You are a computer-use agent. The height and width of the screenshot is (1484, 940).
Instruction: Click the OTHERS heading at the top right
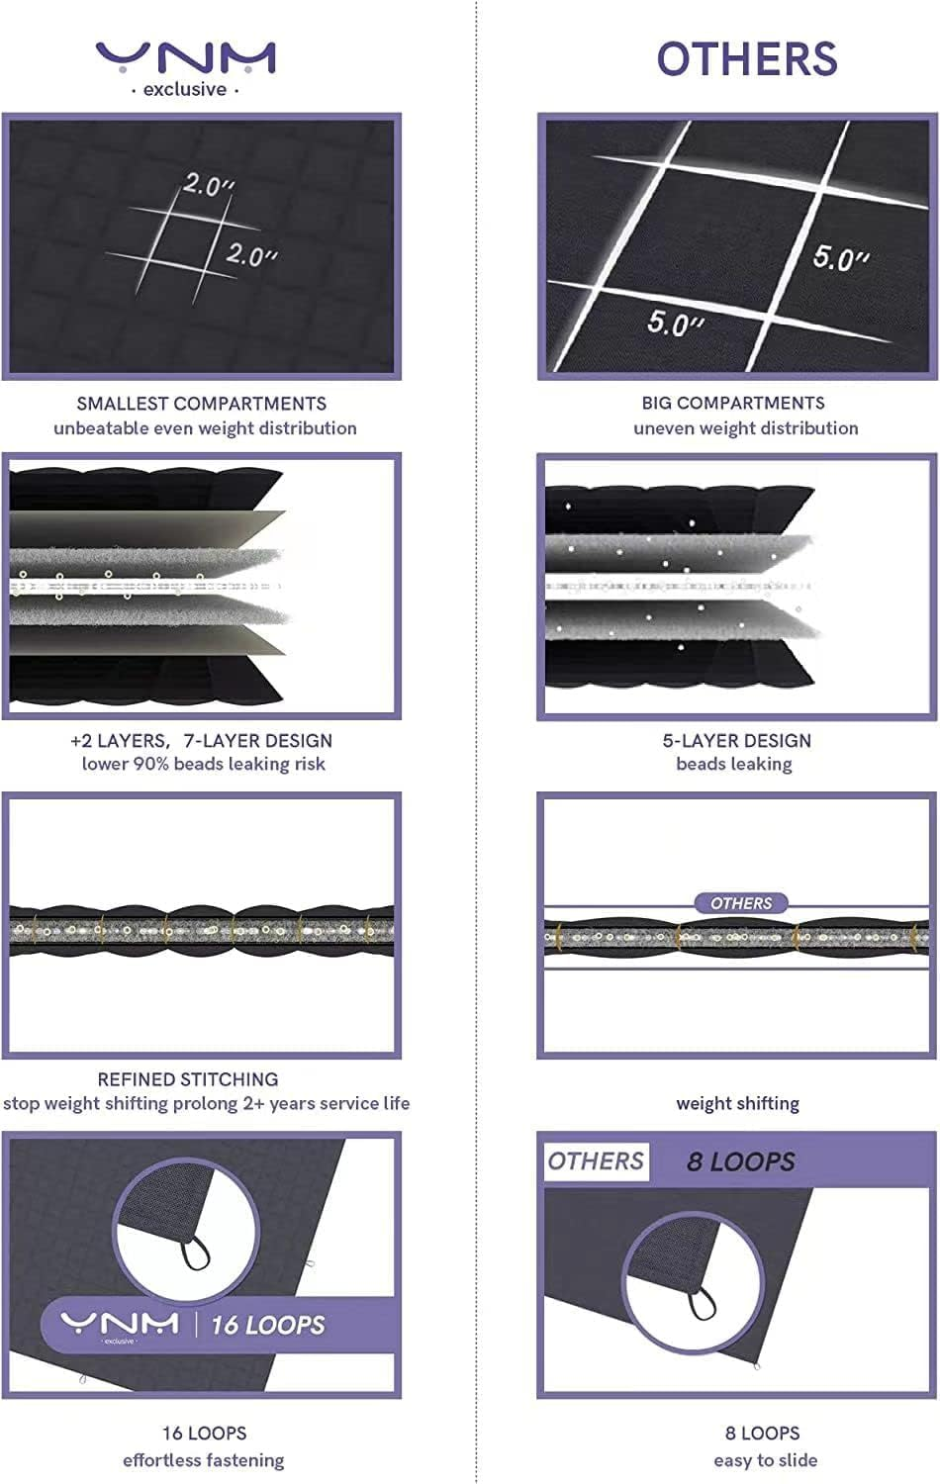(747, 59)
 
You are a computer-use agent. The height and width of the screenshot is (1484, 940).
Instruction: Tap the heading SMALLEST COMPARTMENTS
(202, 404)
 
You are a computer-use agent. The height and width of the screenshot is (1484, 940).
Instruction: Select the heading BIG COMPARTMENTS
(733, 403)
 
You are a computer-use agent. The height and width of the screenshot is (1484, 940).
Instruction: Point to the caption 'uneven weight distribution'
(746, 428)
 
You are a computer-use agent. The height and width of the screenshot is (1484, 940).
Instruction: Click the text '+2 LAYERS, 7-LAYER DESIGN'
(202, 741)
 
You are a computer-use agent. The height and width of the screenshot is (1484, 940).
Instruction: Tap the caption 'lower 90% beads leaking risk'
(204, 764)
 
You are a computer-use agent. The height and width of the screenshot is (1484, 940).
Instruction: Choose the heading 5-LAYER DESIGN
(736, 741)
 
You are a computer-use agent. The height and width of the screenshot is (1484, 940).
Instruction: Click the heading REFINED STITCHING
(188, 1079)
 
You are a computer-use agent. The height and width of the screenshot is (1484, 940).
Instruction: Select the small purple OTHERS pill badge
(741, 903)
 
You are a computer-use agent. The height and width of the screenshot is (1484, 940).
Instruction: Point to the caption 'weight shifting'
(737, 1104)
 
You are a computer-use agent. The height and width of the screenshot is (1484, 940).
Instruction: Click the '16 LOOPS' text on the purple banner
(268, 1325)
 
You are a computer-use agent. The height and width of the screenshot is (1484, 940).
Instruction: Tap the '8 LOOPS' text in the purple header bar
(740, 1162)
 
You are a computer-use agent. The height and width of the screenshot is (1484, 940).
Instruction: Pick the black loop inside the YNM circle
(195, 1253)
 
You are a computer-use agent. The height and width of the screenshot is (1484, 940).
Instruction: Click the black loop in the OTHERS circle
(702, 1304)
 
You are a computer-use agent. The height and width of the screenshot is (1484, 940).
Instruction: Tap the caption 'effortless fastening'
(204, 1460)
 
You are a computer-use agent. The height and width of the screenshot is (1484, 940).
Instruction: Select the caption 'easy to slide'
(765, 1460)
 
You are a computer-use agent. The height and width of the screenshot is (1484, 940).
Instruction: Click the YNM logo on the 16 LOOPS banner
(120, 1325)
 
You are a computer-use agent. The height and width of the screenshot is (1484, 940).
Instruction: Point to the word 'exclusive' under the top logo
(185, 89)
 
